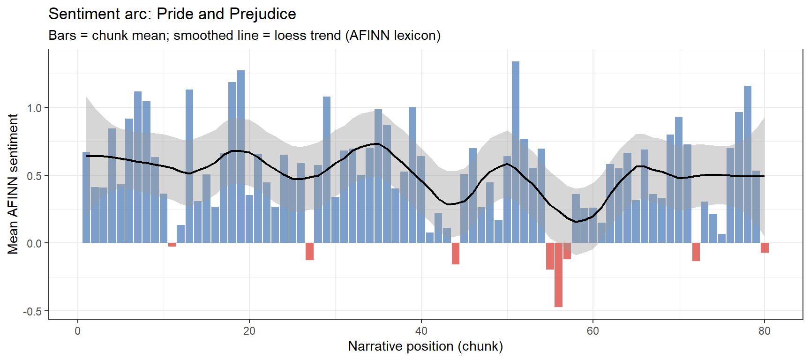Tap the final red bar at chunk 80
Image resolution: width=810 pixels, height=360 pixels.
click(x=765, y=247)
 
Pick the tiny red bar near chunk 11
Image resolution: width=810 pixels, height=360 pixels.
click(x=172, y=245)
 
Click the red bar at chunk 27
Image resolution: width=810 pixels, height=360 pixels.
click(x=309, y=251)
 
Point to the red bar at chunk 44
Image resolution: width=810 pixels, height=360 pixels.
click(x=456, y=253)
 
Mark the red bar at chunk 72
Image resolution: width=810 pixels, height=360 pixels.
click(x=696, y=252)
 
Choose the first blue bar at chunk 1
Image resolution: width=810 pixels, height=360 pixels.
click(x=86, y=197)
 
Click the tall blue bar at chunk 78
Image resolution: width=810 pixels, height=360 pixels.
click(x=748, y=164)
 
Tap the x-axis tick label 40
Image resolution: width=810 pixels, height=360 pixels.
click(x=421, y=331)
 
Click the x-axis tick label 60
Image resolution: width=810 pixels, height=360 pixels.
click(x=592, y=331)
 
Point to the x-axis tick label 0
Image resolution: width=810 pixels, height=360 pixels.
click(x=78, y=331)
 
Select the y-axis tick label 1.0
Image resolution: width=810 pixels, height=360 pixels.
click(x=34, y=108)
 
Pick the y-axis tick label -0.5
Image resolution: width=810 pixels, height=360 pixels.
click(x=32, y=312)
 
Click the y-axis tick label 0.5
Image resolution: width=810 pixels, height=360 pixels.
click(x=34, y=176)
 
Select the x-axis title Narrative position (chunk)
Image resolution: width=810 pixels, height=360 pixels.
click(x=425, y=346)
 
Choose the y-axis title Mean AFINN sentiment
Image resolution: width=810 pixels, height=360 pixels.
click(x=13, y=184)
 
